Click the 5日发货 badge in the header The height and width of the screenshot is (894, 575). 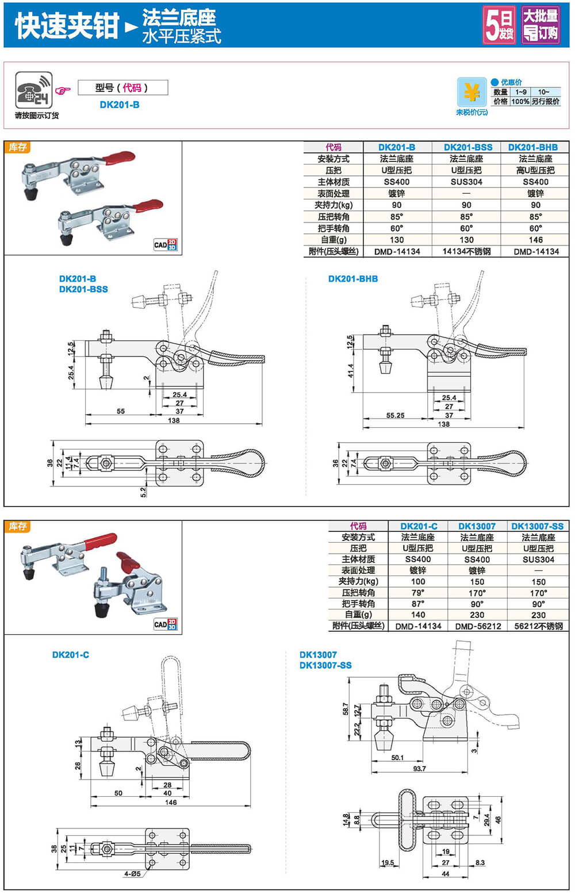[x=499, y=25]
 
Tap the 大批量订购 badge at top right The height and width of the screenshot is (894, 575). [x=540, y=25]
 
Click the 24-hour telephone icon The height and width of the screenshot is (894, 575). [x=33, y=90]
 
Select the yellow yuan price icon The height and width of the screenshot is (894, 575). [x=471, y=92]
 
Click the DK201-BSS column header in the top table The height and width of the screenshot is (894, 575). [x=467, y=147]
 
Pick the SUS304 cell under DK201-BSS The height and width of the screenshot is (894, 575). [x=466, y=182]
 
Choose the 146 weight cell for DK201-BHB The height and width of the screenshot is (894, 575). [x=535, y=240]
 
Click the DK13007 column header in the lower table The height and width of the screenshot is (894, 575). [x=477, y=526]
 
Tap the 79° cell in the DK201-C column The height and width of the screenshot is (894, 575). [x=418, y=593]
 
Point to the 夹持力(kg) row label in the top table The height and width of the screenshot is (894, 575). [x=333, y=205]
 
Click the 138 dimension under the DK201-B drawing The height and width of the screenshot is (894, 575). [x=174, y=420]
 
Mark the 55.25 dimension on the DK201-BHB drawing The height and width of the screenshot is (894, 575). [x=395, y=415]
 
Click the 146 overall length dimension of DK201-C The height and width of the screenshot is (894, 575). [x=171, y=802]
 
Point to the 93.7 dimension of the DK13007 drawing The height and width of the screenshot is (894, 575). [x=419, y=769]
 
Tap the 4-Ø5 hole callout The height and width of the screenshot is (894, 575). [x=132, y=874]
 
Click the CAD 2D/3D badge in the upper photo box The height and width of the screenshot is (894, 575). [x=166, y=244]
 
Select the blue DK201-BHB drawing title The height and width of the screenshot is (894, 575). [x=353, y=279]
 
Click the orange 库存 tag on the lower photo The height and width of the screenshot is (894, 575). [x=18, y=527]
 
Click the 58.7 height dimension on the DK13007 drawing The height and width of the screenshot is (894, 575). [x=345, y=709]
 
